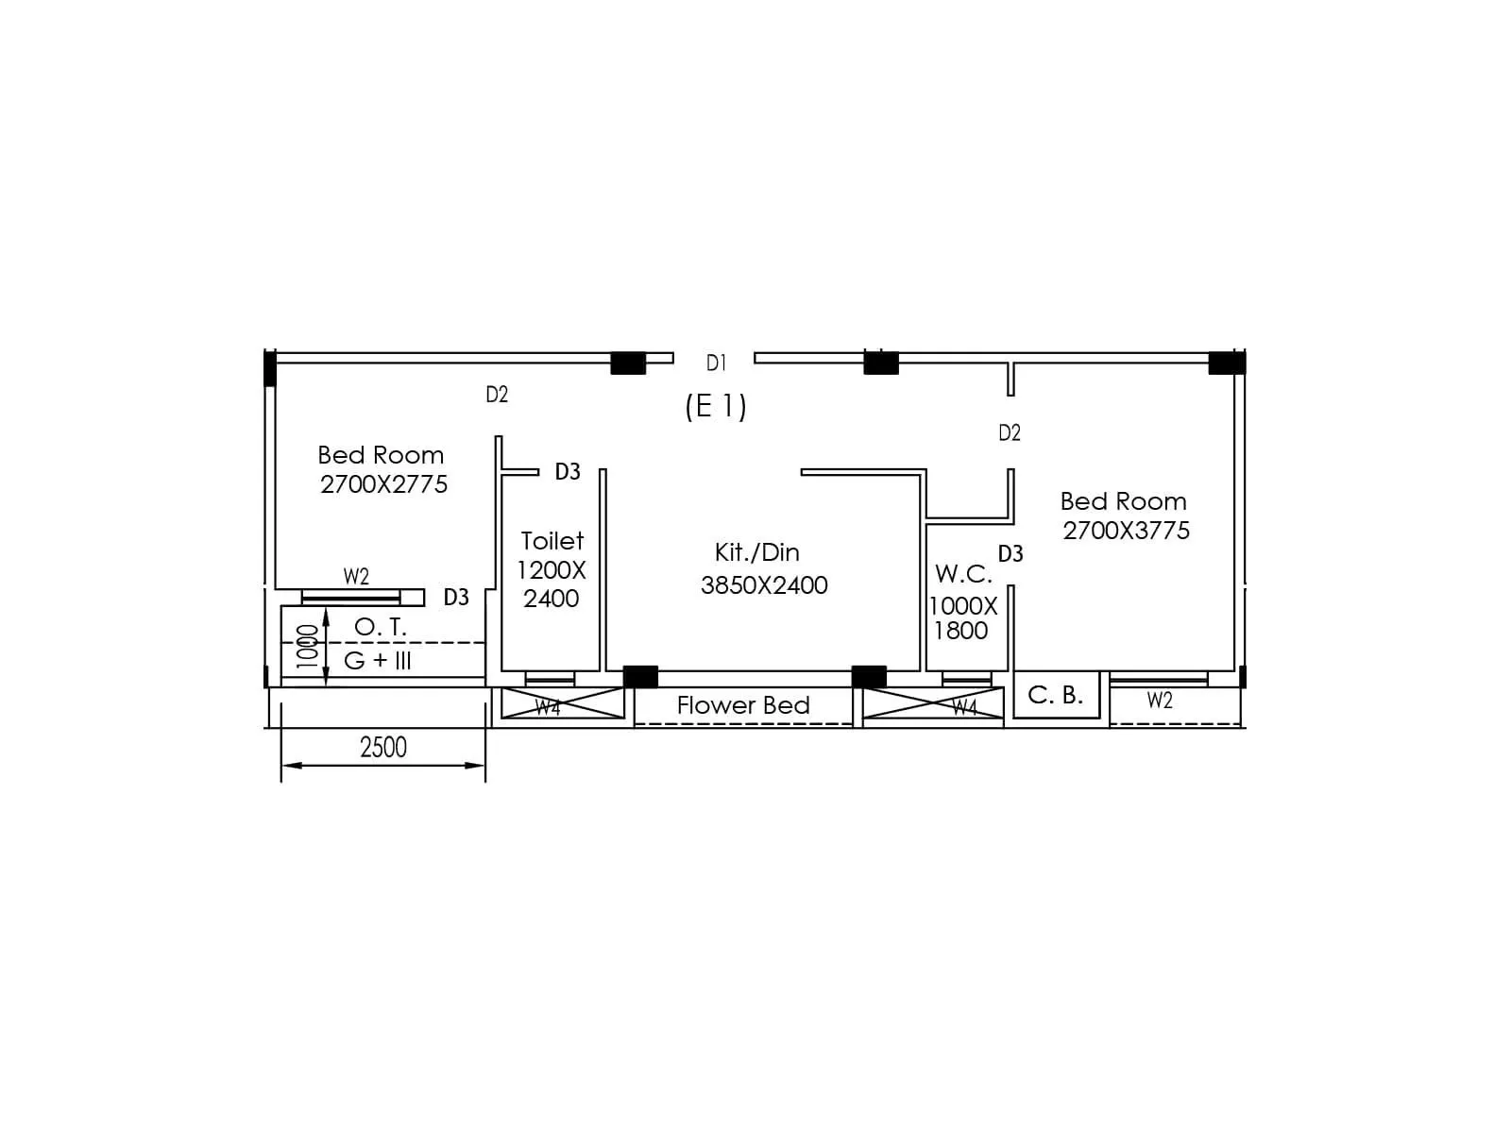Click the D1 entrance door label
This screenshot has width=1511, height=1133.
click(x=716, y=363)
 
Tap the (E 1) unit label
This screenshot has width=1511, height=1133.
click(x=716, y=406)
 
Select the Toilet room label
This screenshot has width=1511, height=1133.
click(x=552, y=541)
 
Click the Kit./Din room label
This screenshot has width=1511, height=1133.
click(x=757, y=552)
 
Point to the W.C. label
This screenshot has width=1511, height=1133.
click(x=963, y=574)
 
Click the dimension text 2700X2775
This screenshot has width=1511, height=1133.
click(x=383, y=484)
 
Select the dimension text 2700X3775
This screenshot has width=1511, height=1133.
click(x=1126, y=531)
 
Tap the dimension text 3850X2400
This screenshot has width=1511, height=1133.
click(x=764, y=585)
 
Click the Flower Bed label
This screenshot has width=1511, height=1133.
click(x=743, y=705)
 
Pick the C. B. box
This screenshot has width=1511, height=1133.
click(x=1056, y=695)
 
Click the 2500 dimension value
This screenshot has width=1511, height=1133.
click(x=383, y=748)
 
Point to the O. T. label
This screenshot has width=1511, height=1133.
click(x=381, y=627)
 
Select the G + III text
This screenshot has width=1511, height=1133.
click(x=378, y=660)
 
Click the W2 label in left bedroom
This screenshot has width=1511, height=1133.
click(x=356, y=577)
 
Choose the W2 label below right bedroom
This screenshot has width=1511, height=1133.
click(x=1160, y=701)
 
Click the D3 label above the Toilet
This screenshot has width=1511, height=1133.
click(x=568, y=472)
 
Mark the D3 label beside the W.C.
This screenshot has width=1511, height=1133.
click(x=1010, y=554)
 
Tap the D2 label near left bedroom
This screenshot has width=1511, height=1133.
click(x=497, y=395)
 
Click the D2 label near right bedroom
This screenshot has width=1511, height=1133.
click(x=1010, y=433)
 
